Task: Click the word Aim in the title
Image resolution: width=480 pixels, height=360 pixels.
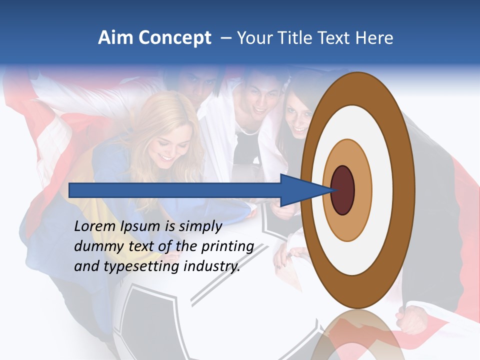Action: [115, 38]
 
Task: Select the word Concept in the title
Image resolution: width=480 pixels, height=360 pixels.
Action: [175, 38]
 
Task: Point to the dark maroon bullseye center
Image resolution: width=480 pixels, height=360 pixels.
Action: [342, 190]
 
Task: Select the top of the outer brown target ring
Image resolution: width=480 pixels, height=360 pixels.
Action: [357, 88]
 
